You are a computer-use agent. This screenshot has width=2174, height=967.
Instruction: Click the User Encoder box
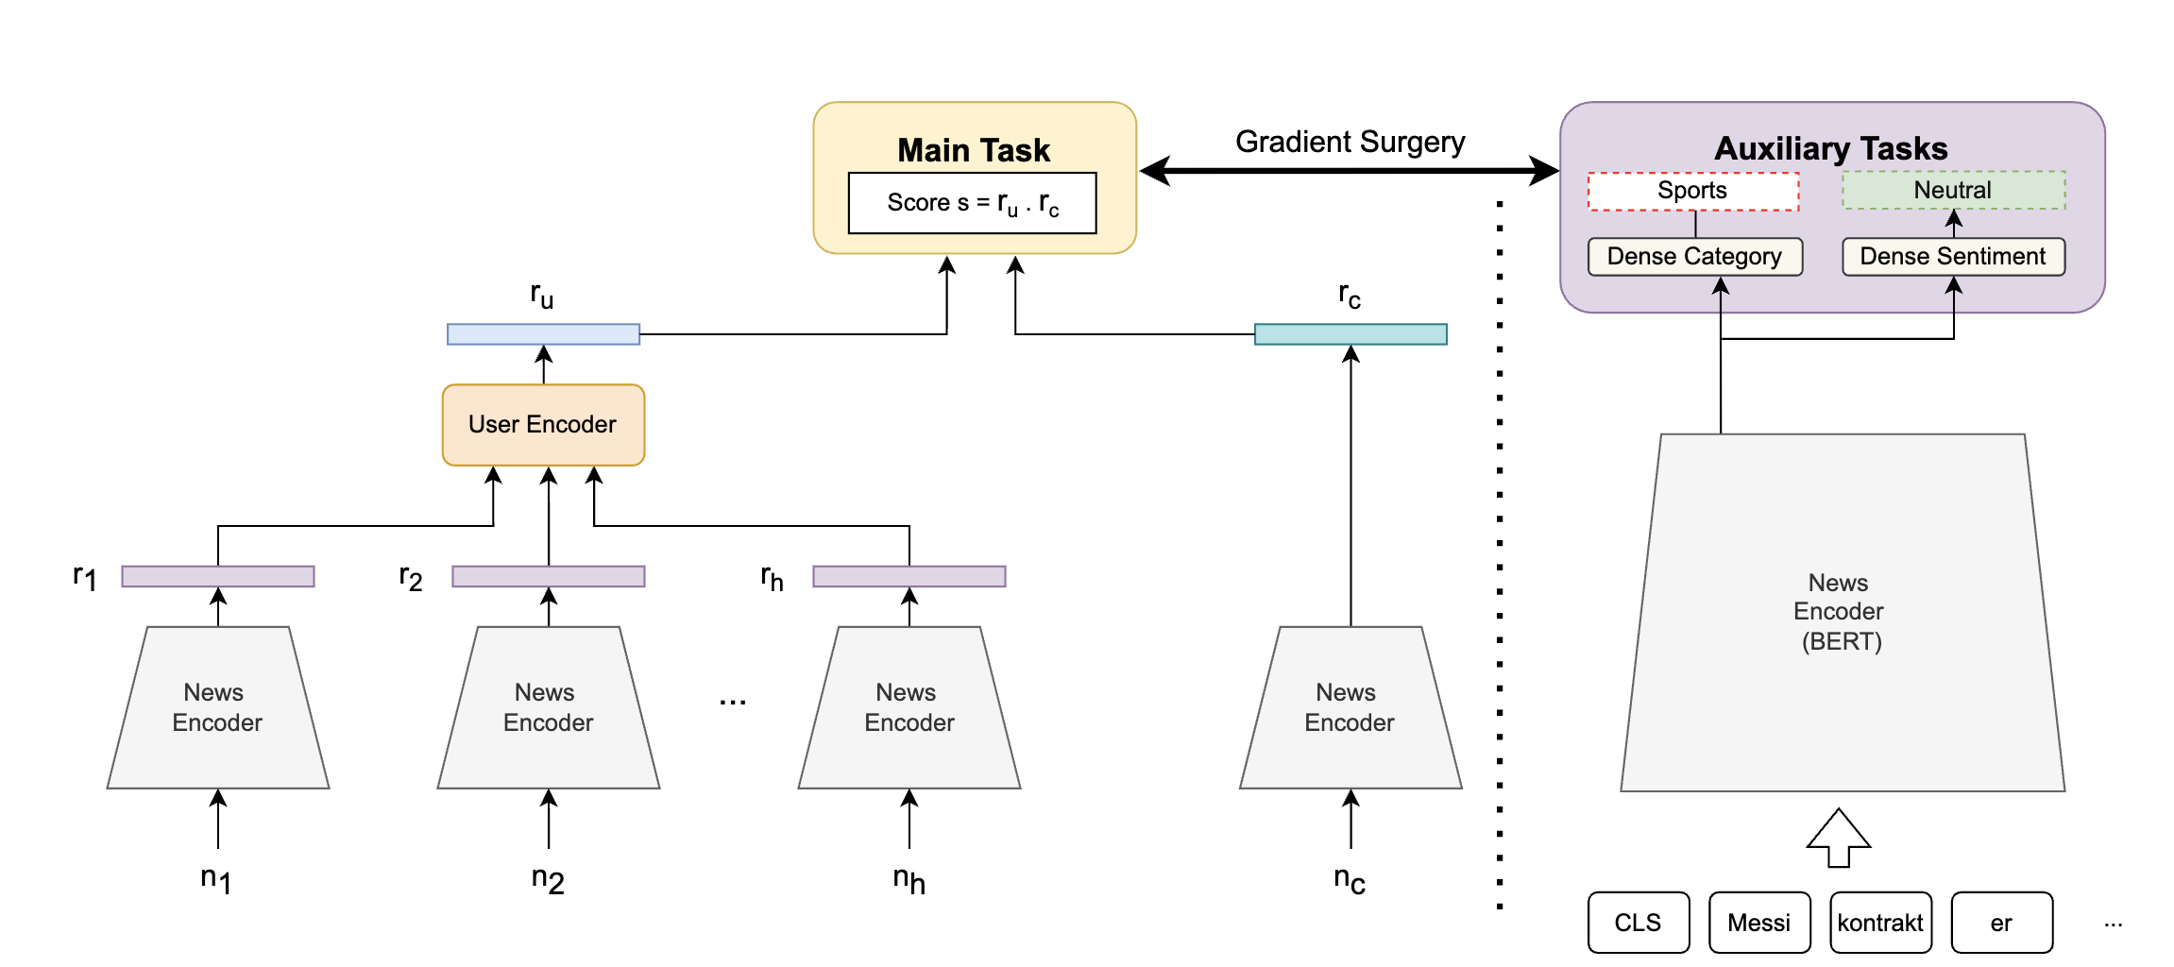point(543,425)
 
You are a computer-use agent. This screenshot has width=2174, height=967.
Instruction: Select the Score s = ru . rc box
point(972,203)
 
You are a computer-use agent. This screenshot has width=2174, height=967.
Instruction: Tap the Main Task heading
point(974,150)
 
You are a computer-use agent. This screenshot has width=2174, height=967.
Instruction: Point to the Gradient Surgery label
point(1350,142)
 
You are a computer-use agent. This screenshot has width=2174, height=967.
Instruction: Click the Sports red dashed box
point(1692,191)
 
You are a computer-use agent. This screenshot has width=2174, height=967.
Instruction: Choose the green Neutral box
point(1953,191)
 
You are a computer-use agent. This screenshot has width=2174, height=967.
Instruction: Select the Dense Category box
point(1694,257)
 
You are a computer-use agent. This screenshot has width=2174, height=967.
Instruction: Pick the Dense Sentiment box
point(1953,257)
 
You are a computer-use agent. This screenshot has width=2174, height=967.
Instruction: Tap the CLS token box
point(1638,923)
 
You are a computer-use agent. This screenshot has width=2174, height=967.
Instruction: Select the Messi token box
point(1758,923)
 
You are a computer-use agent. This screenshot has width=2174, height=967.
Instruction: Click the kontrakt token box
point(1880,923)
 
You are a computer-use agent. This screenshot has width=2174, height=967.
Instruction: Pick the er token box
point(2001,923)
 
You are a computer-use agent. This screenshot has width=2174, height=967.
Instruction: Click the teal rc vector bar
point(1350,334)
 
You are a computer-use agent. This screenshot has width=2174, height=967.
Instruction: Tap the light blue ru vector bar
point(543,334)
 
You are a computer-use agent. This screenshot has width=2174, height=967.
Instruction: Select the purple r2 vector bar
point(548,576)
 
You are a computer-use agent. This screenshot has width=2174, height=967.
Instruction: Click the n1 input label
point(216,880)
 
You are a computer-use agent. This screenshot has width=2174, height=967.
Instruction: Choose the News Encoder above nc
point(1350,707)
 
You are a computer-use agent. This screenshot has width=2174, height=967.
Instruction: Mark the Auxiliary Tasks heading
point(1830,148)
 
